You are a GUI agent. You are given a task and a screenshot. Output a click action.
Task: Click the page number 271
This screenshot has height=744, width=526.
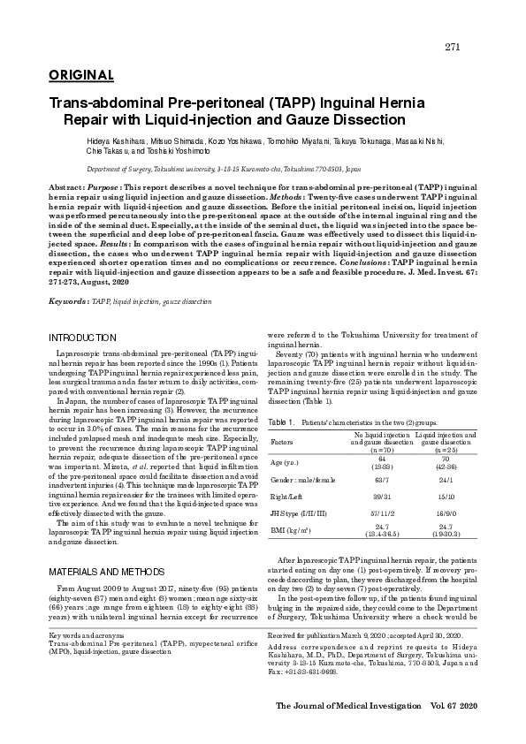coord(452,47)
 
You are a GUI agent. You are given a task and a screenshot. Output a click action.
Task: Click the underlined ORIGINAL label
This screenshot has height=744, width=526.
coord(81,75)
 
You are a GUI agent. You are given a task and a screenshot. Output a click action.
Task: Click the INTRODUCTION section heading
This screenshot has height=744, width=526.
coord(82,338)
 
